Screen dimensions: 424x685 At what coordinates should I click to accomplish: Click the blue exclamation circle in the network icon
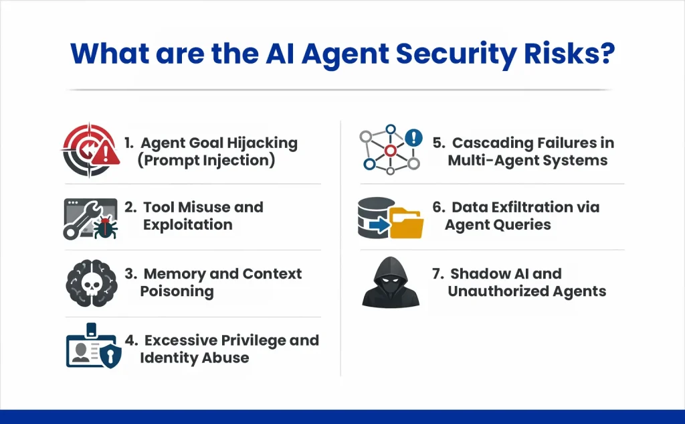pos(414,139)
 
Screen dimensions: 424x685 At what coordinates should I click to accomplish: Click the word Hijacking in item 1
pos(264,143)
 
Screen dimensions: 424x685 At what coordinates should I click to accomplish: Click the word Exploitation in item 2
pos(187,224)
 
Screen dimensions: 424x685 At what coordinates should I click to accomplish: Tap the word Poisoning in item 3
pos(177,291)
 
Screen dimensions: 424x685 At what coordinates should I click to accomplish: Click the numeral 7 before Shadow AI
pos(437,274)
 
